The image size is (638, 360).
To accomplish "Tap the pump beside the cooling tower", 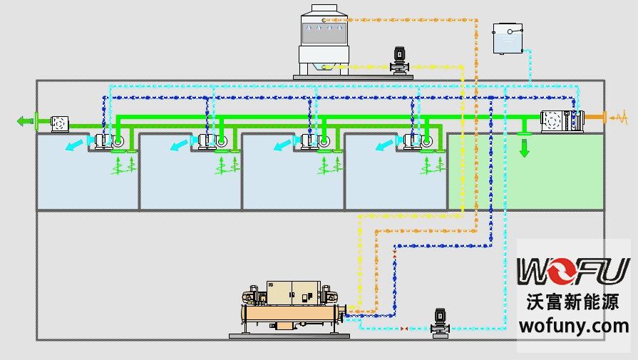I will click(398, 60).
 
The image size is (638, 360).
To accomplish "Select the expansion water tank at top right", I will click(508, 38).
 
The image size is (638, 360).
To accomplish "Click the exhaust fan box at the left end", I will click(61, 123).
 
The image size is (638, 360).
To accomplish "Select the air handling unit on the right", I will click(562, 121).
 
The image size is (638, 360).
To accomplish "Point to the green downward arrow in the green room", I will click(525, 149).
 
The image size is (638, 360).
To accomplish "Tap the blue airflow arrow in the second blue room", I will click(178, 146).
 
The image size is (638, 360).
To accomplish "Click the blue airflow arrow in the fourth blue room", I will click(384, 145).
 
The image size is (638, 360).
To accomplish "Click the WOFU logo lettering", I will click(573, 271).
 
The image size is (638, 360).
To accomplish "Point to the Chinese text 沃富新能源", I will click(573, 302).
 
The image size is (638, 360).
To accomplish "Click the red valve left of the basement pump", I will click(405, 329).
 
